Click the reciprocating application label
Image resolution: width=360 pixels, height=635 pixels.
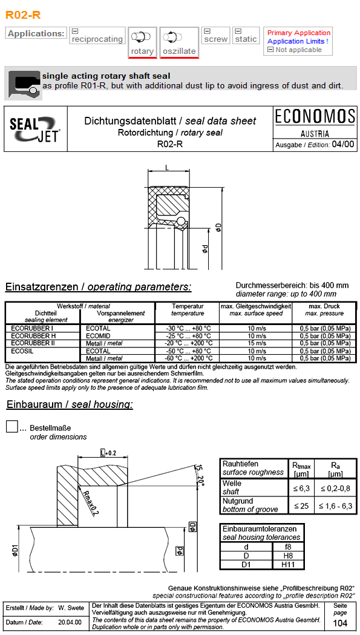point(97,39)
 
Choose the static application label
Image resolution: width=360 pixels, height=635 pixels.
point(246,39)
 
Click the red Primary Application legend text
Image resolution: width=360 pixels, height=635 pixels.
point(299,33)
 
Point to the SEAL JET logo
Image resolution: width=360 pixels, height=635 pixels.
point(35,130)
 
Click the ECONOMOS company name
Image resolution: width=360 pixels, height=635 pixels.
point(315,117)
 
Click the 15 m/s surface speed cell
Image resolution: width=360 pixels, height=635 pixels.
point(256,343)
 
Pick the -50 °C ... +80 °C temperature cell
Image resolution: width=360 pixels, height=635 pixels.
point(188,351)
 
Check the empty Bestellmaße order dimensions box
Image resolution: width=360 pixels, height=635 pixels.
point(11,426)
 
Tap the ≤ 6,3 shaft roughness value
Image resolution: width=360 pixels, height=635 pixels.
point(301,488)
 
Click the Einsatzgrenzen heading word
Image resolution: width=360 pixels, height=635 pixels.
point(42,287)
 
